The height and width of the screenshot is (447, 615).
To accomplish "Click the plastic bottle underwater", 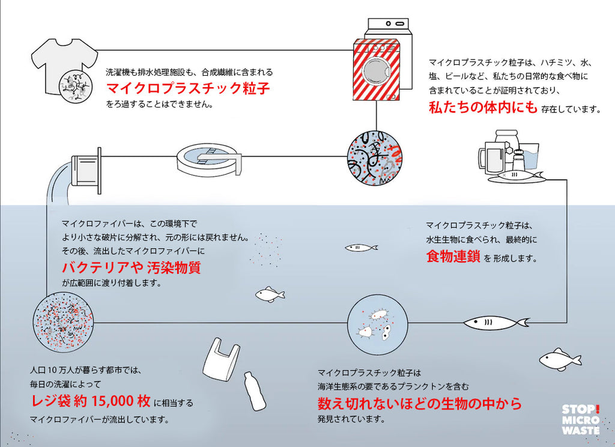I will pos(254,390).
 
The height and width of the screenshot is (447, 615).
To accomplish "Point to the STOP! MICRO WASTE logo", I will pos(580,419).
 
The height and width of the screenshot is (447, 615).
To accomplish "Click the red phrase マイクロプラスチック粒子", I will pos(188,89).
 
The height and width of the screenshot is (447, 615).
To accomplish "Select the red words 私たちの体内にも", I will pos(483,108).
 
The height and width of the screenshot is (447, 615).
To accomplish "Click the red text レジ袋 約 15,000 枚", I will pos(91,400).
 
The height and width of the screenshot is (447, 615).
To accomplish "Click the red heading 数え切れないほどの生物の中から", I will pos(419,403).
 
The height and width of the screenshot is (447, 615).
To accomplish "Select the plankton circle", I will pos(378,324).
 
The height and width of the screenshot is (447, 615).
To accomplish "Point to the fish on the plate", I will pos(517,176).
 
